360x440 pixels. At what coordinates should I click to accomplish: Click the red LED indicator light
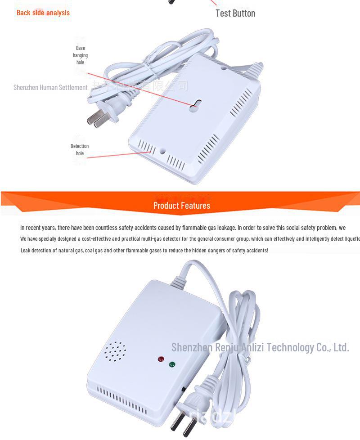tap(161, 359)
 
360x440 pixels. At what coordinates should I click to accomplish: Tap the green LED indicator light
tap(172, 364)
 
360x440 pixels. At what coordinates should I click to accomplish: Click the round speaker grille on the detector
tap(115, 351)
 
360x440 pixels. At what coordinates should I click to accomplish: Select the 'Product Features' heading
tap(181, 206)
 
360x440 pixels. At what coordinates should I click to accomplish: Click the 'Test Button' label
tap(235, 13)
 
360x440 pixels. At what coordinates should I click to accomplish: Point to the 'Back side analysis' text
tap(43, 13)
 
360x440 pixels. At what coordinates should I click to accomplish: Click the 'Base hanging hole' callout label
tap(80, 55)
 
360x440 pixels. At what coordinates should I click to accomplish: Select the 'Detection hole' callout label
tap(80, 150)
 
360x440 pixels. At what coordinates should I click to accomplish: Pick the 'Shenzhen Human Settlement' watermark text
tap(50, 87)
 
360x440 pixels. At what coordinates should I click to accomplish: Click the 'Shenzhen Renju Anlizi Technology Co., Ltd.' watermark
tap(260, 347)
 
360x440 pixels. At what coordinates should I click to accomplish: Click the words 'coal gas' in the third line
tap(93, 250)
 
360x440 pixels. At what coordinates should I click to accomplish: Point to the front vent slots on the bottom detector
tap(121, 400)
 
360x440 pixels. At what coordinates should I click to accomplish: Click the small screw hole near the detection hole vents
tap(162, 152)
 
